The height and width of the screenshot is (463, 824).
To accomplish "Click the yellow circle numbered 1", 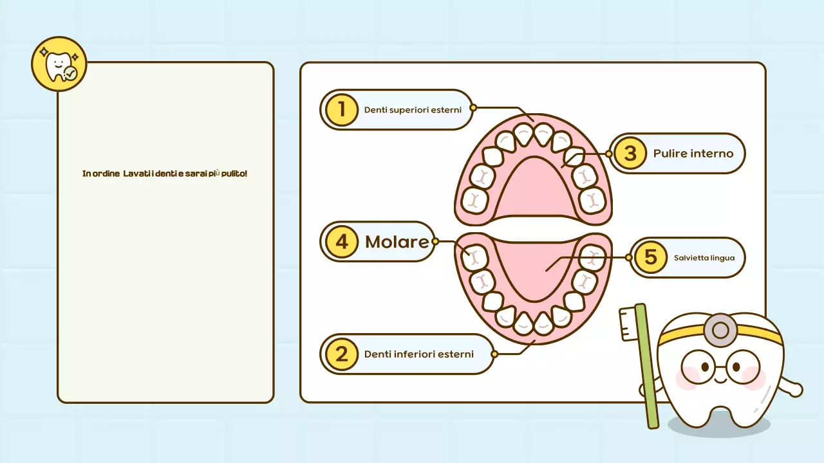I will [341, 109].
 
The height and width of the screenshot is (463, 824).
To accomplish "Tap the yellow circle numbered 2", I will [341, 354].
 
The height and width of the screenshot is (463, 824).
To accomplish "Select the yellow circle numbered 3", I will [630, 153].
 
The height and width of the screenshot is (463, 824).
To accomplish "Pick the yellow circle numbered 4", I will [341, 242].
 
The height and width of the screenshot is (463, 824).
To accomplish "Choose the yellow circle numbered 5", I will [650, 257].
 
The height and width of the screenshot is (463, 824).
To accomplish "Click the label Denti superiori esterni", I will [413, 109].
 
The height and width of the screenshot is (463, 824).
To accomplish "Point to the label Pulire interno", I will [693, 153].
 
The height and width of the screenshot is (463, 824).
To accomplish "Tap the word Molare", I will [397, 242].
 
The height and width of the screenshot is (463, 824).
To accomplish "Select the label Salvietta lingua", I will [704, 257].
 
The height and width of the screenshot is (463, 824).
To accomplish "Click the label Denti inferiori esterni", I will [418, 354].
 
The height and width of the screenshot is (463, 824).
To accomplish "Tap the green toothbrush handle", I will [648, 373].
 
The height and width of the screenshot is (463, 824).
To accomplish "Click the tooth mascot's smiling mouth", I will [720, 380].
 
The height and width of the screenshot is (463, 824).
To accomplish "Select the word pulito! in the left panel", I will [234, 174].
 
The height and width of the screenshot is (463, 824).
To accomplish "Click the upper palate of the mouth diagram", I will [533, 190].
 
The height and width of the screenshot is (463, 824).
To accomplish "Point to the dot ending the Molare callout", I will [435, 242].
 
